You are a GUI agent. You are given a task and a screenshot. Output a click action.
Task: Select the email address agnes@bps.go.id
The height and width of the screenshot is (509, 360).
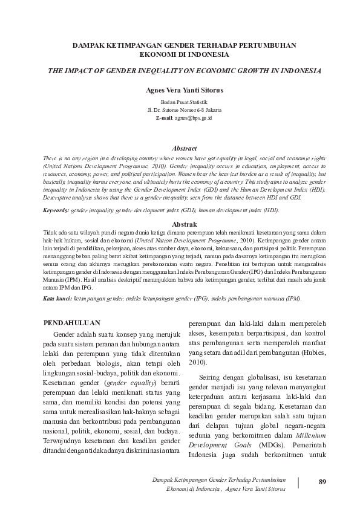tap(194, 118)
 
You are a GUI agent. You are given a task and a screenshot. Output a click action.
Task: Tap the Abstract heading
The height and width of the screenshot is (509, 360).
tap(185, 148)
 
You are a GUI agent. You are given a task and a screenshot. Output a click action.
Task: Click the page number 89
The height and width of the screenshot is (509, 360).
tap(322, 481)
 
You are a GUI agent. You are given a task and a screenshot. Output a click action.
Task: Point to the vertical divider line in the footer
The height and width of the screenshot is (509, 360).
tap(298, 482)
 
